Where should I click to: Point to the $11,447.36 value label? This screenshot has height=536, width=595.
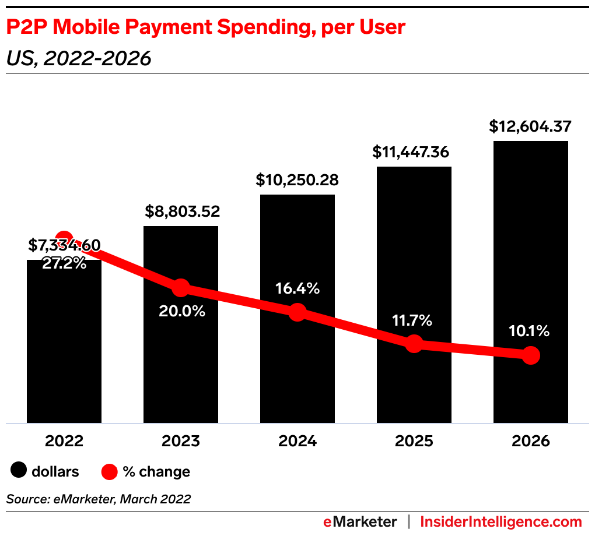[x=414, y=152]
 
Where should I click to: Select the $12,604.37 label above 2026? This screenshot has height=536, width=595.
[x=531, y=126]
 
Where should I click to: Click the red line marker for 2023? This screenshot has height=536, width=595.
[x=181, y=287]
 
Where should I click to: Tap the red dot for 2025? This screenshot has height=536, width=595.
[x=414, y=344]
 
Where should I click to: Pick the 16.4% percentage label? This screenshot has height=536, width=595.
[x=297, y=288]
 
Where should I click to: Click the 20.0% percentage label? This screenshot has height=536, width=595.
[x=182, y=311]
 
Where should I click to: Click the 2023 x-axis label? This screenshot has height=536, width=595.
[x=181, y=441]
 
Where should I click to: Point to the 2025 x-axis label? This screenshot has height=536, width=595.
[x=414, y=441]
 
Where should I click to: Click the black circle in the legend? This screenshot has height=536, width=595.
[x=20, y=471]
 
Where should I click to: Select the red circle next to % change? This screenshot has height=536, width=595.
[x=110, y=471]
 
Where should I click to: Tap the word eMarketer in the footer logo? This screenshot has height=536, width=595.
[x=359, y=521]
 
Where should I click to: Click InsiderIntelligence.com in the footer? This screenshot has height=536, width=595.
[x=501, y=521]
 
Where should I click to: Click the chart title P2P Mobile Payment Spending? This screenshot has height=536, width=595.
[x=205, y=27]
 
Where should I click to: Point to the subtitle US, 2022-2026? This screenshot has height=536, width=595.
[x=79, y=58]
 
